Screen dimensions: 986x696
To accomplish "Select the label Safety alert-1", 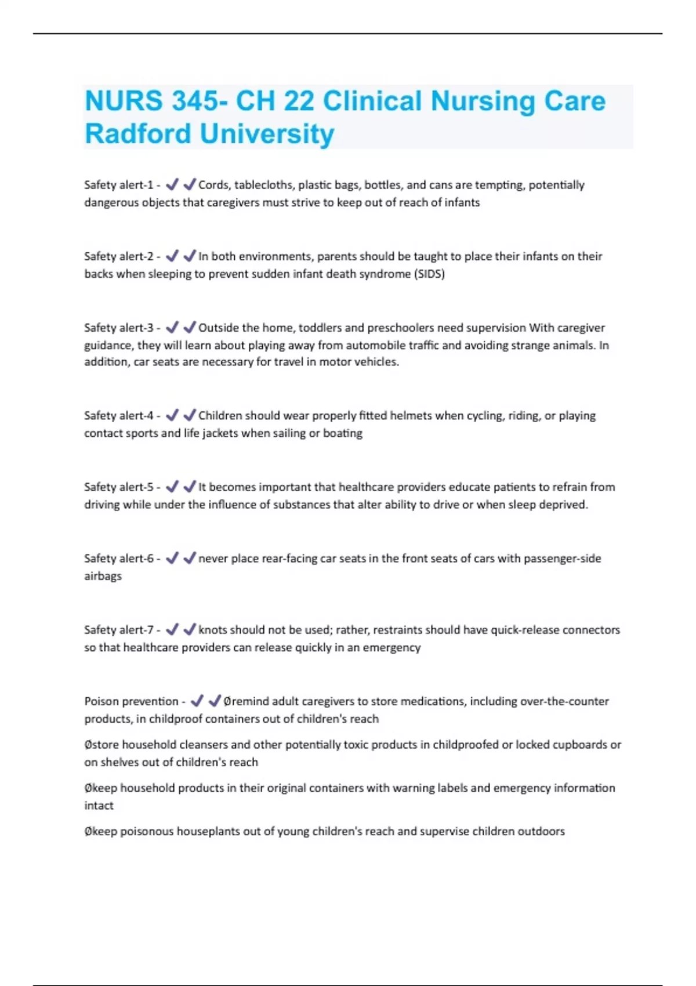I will point(118,185).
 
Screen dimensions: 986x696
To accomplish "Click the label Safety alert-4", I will point(118,415).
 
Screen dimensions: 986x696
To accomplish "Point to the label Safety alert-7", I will point(118,630).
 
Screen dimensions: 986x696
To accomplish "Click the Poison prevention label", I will point(131,701).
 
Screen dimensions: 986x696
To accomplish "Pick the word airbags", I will point(103,576).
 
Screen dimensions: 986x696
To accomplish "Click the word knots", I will point(212,630).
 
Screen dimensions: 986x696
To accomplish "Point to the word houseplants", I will point(208,831).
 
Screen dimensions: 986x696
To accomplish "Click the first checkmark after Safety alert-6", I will point(172,558).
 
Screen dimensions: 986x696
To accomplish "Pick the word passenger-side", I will point(562,559).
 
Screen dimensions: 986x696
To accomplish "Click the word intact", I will point(99,806).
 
